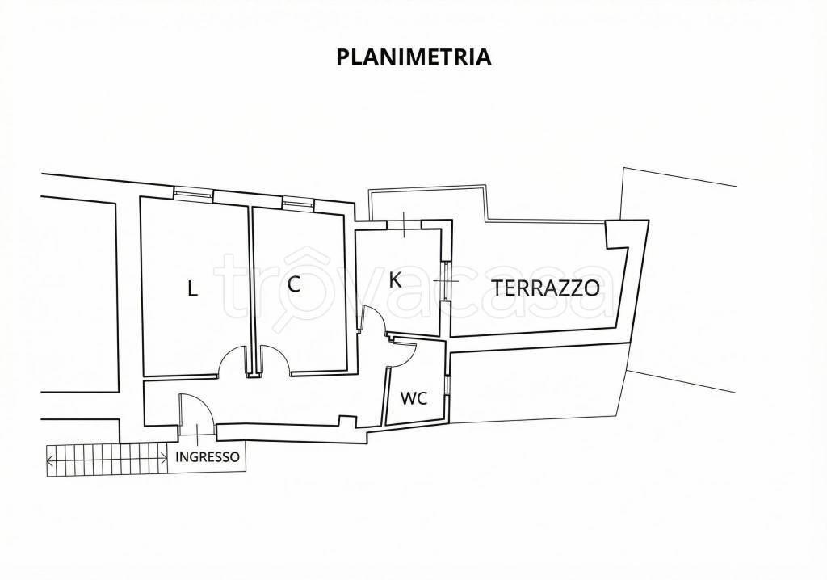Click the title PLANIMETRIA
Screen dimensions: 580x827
(413, 57)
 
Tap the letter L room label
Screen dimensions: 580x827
(192, 289)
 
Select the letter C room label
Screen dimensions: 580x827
(294, 284)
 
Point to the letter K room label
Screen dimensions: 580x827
(395, 280)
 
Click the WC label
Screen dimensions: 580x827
(413, 398)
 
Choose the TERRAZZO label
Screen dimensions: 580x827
(545, 287)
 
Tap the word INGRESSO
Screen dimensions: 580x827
(208, 456)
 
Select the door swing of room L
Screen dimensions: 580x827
(233, 362)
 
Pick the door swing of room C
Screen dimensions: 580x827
(275, 360)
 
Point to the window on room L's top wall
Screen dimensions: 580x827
(194, 193)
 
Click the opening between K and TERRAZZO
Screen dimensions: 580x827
(444, 280)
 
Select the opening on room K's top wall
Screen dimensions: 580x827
(403, 224)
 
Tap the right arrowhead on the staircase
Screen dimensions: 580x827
(164, 461)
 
